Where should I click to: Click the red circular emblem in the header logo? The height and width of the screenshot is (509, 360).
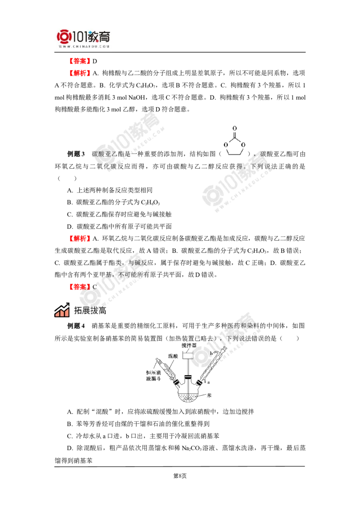click(63, 37)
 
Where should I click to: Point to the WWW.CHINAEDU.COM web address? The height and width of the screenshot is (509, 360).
click(84, 46)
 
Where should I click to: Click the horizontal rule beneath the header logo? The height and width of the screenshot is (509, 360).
click(84, 53)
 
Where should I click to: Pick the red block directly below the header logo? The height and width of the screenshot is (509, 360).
click(79, 61)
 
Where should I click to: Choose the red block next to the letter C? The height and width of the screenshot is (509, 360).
click(79, 286)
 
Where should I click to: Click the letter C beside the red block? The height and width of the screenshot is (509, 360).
click(94, 286)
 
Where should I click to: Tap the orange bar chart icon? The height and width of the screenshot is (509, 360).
click(61, 311)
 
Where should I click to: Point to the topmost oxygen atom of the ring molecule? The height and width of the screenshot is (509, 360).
click(234, 128)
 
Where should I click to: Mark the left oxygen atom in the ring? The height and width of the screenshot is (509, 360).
click(225, 144)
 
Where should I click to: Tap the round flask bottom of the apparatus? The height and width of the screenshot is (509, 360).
click(189, 396)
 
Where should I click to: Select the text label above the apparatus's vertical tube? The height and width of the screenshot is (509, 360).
click(189, 345)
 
